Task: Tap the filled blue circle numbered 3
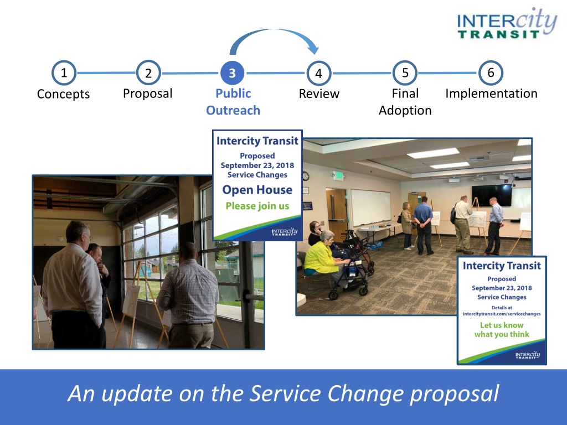(232, 73)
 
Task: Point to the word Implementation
(491, 94)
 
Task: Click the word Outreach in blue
(233, 110)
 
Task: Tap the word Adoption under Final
(405, 111)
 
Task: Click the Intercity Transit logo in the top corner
(506, 24)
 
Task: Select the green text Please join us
(257, 206)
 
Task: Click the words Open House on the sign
(257, 190)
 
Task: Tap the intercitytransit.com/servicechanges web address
(502, 314)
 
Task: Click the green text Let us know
(502, 325)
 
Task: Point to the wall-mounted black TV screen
(492, 195)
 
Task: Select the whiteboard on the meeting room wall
(371, 208)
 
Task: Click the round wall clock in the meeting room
(306, 176)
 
